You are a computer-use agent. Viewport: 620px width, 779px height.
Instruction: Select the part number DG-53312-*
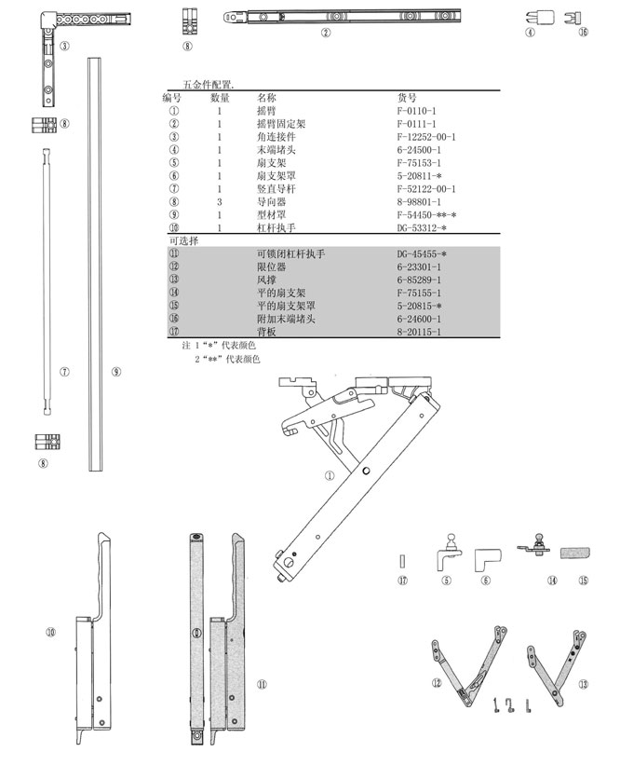pos(428,228)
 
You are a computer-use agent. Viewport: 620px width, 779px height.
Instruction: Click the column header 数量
pos(220,98)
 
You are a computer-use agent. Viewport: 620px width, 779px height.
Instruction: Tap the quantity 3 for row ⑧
pos(220,202)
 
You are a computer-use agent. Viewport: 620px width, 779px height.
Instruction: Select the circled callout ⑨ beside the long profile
pos(115,371)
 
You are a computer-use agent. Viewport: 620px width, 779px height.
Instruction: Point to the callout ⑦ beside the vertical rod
pos(64,371)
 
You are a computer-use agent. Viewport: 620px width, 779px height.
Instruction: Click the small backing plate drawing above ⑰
pos(402,561)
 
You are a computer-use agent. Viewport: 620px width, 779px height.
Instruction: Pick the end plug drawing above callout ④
pos(532,16)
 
